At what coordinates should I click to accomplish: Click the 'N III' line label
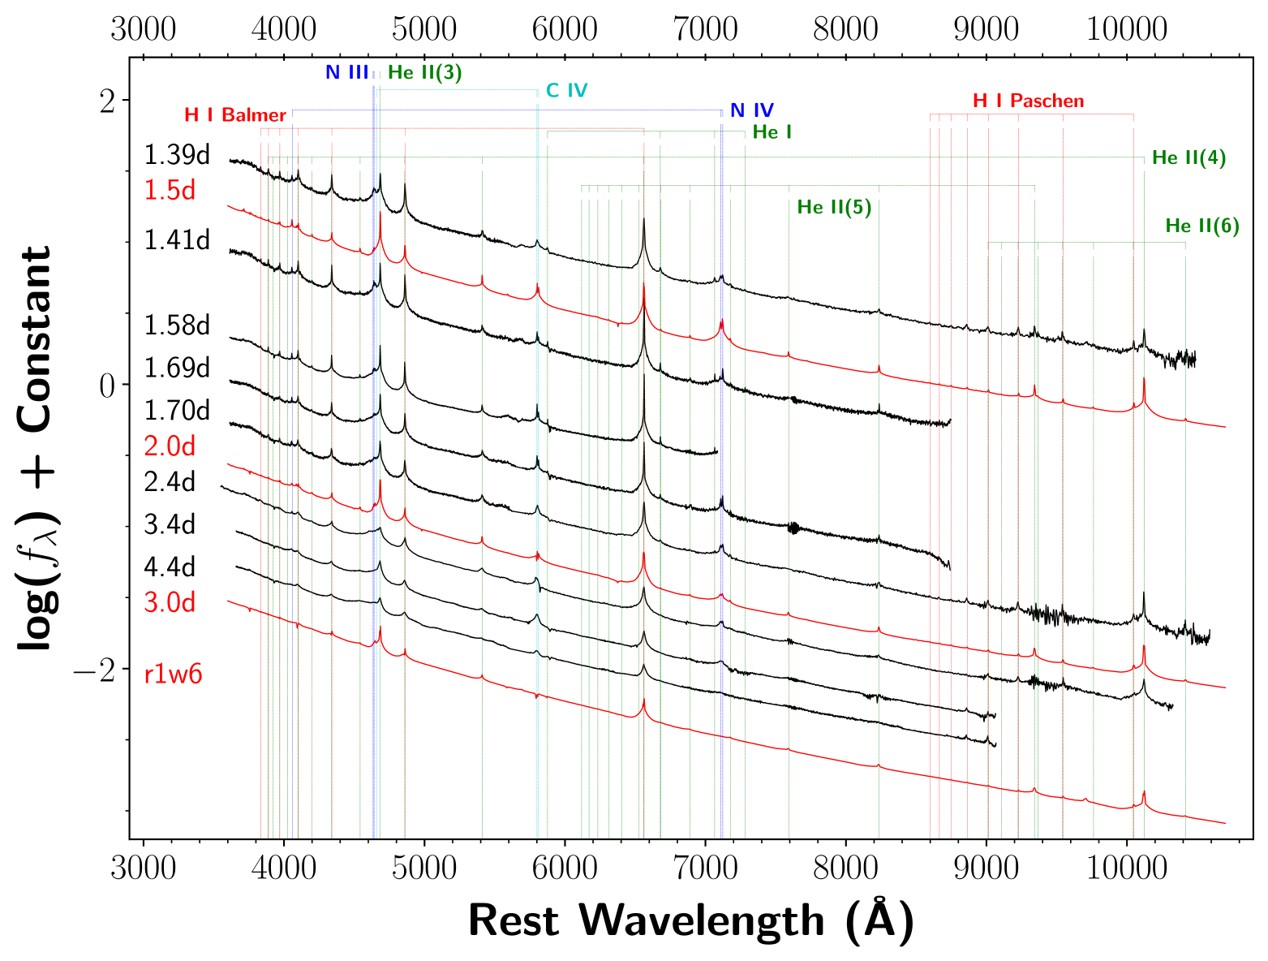point(346,72)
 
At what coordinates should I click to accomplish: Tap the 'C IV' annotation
point(566,90)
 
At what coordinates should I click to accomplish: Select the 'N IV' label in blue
point(751,110)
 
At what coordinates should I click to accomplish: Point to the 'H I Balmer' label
point(235,115)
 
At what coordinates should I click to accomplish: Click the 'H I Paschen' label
point(1028,101)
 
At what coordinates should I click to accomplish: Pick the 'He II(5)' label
point(834,207)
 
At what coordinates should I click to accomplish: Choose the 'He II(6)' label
point(1201,226)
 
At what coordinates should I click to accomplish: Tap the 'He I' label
point(772,131)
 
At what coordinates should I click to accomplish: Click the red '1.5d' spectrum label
point(170,191)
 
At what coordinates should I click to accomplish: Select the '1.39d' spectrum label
point(177,155)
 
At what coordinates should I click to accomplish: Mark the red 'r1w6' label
point(173,674)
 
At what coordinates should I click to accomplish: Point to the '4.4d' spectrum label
point(170,567)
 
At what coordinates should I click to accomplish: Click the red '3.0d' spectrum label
point(170,603)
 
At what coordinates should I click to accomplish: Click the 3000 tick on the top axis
point(144,30)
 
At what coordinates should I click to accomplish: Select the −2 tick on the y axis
point(97,669)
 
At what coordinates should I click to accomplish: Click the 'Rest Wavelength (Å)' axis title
point(690,921)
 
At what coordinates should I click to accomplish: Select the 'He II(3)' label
point(424,72)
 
